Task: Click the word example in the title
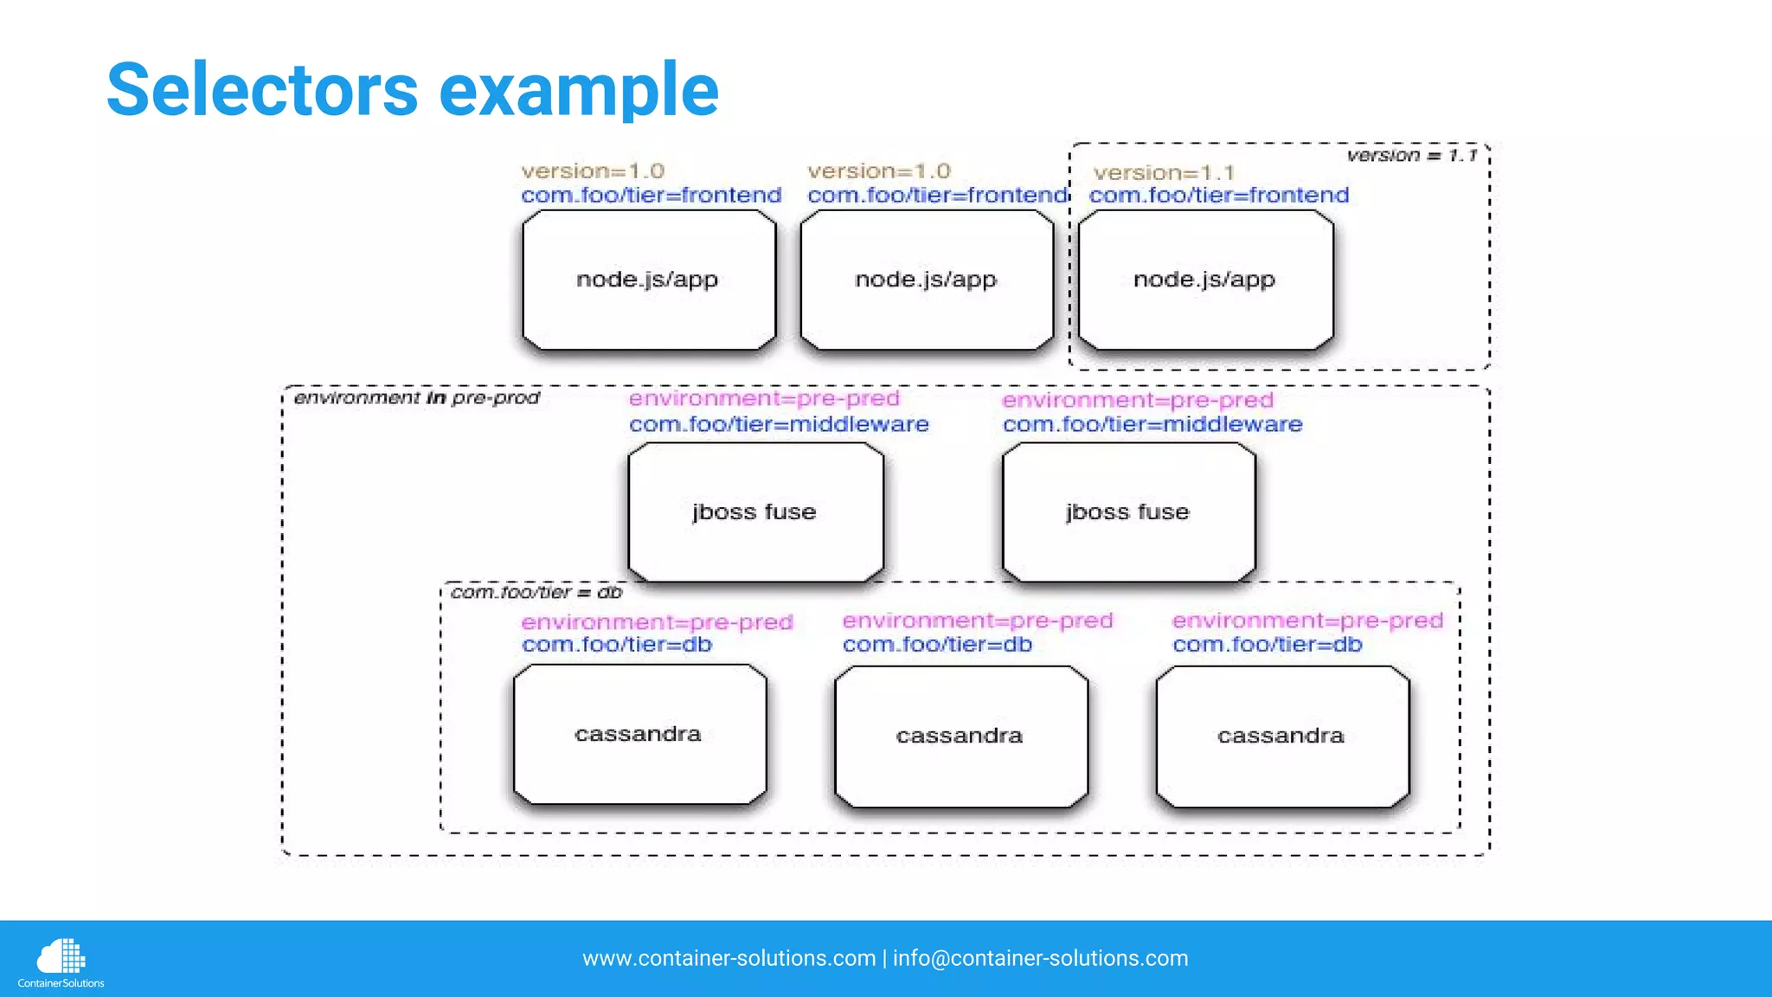point(579,91)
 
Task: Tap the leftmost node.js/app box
point(649,280)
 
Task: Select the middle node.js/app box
point(927,280)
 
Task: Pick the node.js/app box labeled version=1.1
point(1205,280)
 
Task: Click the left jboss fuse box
point(755,512)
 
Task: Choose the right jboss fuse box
point(1128,512)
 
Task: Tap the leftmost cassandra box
point(639,734)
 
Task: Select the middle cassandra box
point(960,736)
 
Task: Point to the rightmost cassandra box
point(1281,736)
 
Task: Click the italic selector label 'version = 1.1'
point(1412,156)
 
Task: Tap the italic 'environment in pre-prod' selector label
point(416,398)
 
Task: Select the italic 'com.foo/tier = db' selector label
point(536,593)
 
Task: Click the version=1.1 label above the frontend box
point(1164,173)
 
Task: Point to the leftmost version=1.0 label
point(593,171)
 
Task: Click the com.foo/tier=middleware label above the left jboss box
point(779,424)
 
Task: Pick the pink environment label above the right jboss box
point(1138,400)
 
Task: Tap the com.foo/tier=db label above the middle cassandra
point(938,645)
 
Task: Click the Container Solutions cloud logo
point(61,957)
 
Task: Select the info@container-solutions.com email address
point(1040,958)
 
